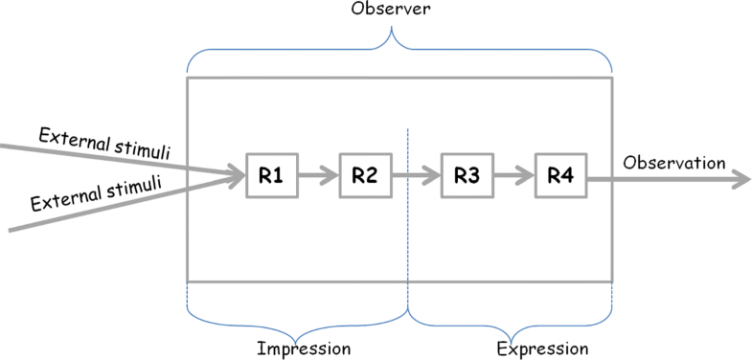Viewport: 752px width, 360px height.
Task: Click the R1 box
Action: (271, 175)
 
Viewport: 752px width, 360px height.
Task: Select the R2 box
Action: (364, 175)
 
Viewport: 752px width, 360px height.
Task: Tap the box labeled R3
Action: (467, 175)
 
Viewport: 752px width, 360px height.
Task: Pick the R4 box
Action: (560, 175)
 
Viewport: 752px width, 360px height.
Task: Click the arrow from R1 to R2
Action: (317, 175)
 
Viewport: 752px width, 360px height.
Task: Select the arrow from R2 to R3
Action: (415, 175)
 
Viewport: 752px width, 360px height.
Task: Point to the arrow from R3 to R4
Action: (513, 175)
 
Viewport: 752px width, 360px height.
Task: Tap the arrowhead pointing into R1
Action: (234, 175)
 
